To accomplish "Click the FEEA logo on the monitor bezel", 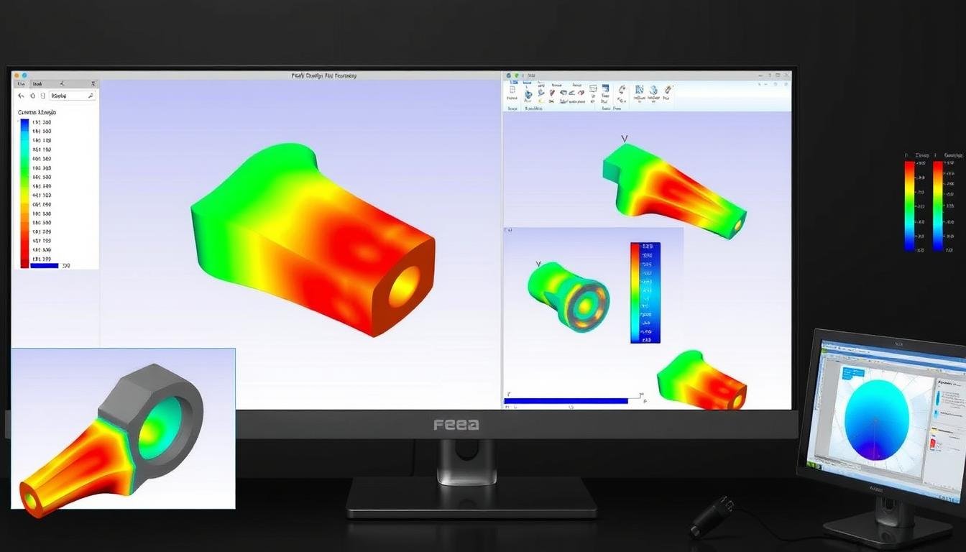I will pos(456,425).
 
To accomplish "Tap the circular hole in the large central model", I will pos(405,286).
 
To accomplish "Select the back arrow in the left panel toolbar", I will pos(21,96).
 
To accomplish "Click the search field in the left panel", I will pos(72,96).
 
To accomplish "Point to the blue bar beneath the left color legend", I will pos(44,266).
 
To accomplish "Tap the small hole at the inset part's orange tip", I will pos(30,497).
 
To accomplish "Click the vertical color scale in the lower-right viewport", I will pos(645,293).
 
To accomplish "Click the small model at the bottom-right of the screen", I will pos(701,381).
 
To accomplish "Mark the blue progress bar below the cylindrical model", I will pos(568,400).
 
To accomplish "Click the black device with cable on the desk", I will pos(712,517).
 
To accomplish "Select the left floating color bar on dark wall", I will pos(910,206).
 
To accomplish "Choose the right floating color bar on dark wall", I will pos(938,206).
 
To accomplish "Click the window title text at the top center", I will pos(323,75).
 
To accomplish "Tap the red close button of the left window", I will pos(16,75).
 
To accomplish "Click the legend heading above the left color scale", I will pos(37,112).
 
